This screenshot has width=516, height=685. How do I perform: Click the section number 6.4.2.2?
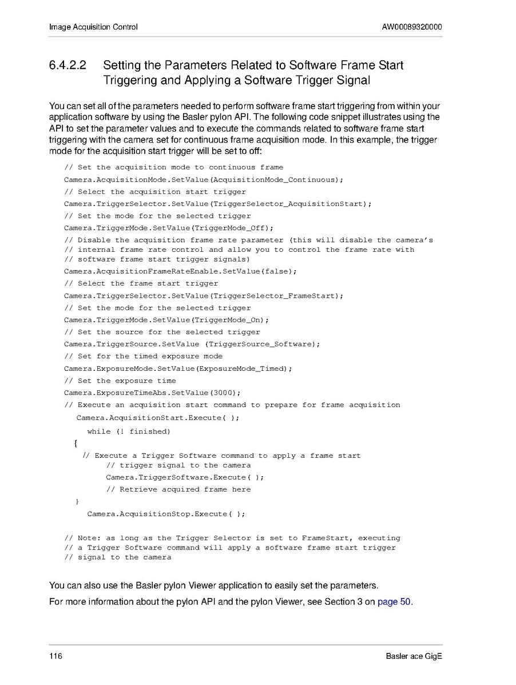[68, 65]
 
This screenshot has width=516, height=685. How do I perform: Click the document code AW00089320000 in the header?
[412, 27]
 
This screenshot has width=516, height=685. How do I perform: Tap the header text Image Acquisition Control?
[93, 27]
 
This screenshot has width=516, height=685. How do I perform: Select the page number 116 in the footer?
[55, 656]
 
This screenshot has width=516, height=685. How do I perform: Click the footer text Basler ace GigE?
[414, 656]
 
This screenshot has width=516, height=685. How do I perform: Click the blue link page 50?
[394, 602]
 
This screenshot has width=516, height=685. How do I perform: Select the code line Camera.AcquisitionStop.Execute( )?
[166, 514]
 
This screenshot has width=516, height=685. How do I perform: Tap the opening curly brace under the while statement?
[76, 444]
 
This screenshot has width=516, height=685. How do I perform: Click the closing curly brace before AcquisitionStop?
[77, 502]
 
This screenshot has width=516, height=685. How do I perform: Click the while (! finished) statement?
[129, 431]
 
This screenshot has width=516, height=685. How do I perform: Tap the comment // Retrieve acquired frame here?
[178, 489]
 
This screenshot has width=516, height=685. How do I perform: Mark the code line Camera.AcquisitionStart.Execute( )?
[158, 418]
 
